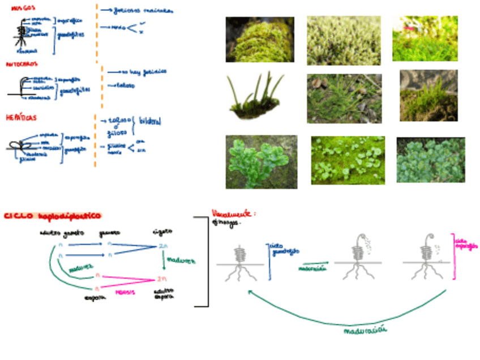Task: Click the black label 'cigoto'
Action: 161,232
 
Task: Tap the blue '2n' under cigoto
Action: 162,246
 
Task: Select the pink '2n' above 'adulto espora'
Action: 162,278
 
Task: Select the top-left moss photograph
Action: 260,39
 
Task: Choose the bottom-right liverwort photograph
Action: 431,160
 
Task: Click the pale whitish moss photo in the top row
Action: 344,40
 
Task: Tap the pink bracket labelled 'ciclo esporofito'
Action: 454,256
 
